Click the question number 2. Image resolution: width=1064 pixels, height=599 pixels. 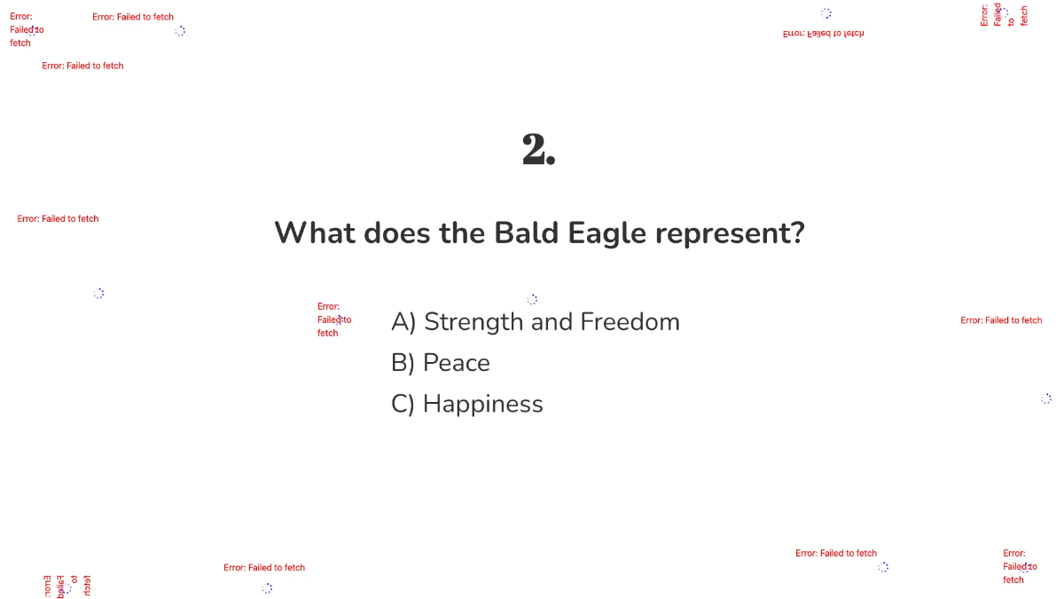[x=538, y=150]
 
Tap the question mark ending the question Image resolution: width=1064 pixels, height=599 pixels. [x=798, y=233]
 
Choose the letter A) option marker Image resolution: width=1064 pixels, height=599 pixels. [x=403, y=322]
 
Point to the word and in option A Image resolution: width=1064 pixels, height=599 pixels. [x=552, y=322]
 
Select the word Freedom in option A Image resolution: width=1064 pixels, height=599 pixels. [x=630, y=322]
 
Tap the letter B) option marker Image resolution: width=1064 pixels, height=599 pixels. [x=403, y=363]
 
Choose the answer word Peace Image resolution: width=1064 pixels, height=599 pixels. [x=457, y=363]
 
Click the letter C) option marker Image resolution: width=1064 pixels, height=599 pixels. [x=403, y=404]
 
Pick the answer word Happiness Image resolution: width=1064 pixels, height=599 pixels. [x=483, y=404]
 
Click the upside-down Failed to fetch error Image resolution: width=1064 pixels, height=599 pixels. [x=823, y=34]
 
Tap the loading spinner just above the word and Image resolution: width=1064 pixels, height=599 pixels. [x=532, y=300]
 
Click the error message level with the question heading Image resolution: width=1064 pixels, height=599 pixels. [x=58, y=218]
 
